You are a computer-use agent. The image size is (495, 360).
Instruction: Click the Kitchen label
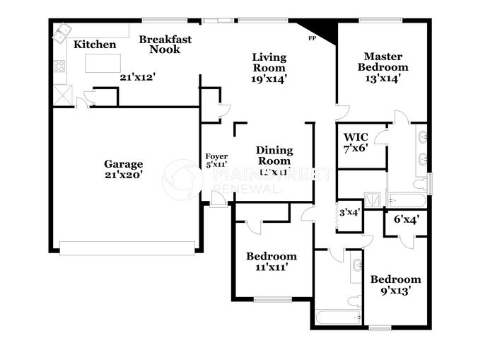(95, 45)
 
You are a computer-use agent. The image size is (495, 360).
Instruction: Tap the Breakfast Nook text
(165, 45)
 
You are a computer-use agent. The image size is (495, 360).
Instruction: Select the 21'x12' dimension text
(136, 77)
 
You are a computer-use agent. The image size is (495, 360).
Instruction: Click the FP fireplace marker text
(312, 38)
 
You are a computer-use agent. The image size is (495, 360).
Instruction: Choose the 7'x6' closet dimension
(356, 150)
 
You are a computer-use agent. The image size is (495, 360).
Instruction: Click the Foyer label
(216, 156)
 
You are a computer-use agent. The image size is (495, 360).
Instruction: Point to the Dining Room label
(274, 155)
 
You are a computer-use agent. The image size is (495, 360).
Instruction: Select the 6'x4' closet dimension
(405, 219)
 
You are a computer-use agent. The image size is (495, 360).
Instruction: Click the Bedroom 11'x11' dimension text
(271, 267)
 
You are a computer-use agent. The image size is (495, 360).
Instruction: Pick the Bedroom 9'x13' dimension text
(395, 290)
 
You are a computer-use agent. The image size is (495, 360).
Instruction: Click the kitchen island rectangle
(103, 64)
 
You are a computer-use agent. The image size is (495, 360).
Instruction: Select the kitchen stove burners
(59, 68)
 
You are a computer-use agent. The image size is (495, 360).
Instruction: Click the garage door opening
(127, 248)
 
